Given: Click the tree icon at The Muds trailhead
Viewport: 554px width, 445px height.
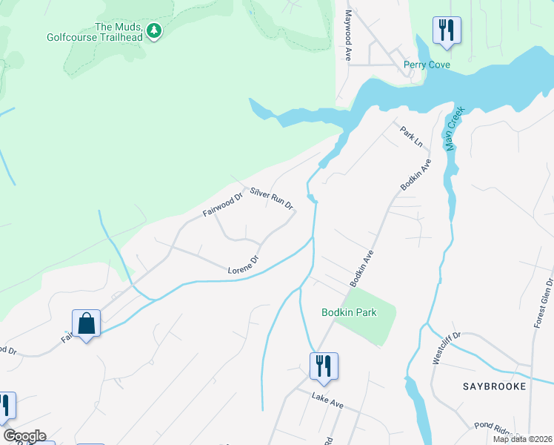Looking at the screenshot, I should [x=154, y=30].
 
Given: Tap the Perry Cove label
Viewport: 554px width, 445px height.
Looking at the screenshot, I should [x=427, y=65].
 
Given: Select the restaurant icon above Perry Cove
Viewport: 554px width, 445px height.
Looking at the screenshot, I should [x=447, y=30].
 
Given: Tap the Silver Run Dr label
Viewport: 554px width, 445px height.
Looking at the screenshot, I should [x=272, y=197].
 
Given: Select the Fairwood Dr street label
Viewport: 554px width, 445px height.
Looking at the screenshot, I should [x=223, y=205].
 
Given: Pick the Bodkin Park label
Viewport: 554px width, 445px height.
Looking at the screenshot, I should [x=349, y=312].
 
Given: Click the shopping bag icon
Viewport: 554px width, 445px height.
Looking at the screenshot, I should [x=86, y=323].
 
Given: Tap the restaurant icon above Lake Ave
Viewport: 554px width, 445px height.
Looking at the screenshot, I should [x=324, y=366].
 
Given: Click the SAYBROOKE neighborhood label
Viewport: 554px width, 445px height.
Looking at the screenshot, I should [x=494, y=386].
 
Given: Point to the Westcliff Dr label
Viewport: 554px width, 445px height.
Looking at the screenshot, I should [x=447, y=347].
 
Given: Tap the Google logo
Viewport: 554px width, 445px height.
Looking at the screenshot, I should [x=24, y=436].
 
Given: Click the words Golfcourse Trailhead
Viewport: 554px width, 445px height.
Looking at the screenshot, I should [x=95, y=36].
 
